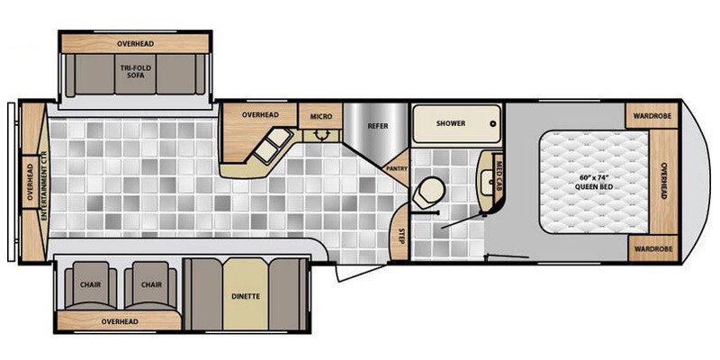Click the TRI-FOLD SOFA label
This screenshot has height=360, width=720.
point(136,71)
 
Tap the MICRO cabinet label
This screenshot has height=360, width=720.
point(321,117)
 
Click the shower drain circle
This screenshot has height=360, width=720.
point(493,123)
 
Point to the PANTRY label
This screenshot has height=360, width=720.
point(397,168)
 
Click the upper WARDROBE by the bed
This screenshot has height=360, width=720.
point(652,116)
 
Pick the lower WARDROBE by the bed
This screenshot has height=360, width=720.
point(652,248)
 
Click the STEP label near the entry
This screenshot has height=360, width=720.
point(401,235)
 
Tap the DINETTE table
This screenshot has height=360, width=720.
point(245,294)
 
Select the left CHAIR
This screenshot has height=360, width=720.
point(91,285)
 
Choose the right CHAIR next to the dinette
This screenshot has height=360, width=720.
point(151,285)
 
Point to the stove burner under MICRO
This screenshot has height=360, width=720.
point(321,135)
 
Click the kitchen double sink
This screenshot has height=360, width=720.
point(274,146)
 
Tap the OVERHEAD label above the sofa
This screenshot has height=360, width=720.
point(135,43)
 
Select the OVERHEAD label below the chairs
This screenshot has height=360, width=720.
point(120,321)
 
